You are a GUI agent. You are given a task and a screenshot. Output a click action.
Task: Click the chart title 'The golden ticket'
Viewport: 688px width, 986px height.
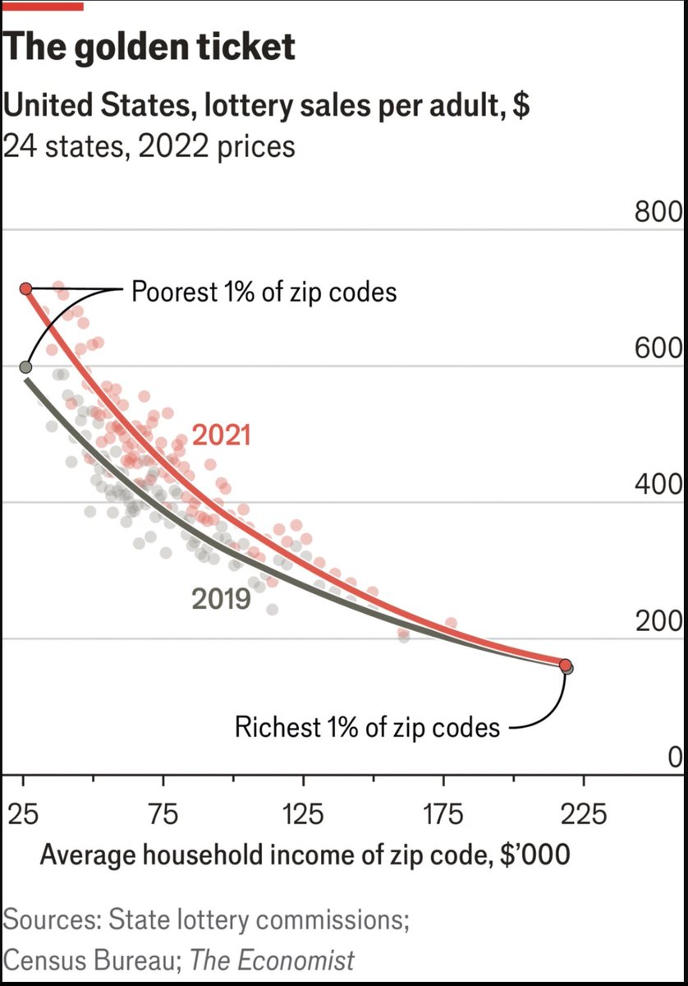tap(149, 48)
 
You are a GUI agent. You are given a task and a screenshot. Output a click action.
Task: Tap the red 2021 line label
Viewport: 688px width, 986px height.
tap(221, 435)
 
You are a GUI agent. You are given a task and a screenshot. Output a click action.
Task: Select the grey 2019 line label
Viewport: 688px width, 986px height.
tap(221, 599)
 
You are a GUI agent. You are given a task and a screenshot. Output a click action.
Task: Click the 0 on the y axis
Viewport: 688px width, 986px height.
tap(673, 758)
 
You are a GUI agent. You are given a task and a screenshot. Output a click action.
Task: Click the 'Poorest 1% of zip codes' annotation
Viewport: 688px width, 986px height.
tap(264, 292)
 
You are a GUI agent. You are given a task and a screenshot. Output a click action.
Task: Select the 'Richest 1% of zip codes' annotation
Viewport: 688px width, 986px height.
tap(367, 727)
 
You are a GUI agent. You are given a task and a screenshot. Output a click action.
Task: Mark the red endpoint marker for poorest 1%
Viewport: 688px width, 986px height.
tap(25, 288)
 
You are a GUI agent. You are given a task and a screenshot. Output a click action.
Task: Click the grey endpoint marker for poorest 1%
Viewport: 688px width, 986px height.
tap(25, 366)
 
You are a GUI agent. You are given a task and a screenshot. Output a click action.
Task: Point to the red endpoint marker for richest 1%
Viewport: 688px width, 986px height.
tap(565, 665)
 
